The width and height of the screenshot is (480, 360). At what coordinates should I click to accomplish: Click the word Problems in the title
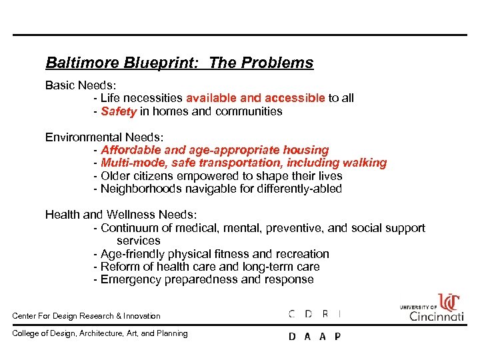point(281,63)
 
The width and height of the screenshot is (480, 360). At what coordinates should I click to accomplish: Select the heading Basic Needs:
point(79,85)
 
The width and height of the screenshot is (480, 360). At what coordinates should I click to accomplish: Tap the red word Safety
point(119,111)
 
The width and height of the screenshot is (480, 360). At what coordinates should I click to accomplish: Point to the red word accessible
point(290,98)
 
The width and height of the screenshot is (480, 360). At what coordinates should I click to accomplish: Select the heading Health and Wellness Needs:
point(121,215)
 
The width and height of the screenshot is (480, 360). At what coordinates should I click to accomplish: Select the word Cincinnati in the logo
point(437,315)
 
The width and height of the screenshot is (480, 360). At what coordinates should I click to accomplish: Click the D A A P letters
point(314,336)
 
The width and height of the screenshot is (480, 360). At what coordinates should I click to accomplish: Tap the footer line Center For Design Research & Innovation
point(87,316)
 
